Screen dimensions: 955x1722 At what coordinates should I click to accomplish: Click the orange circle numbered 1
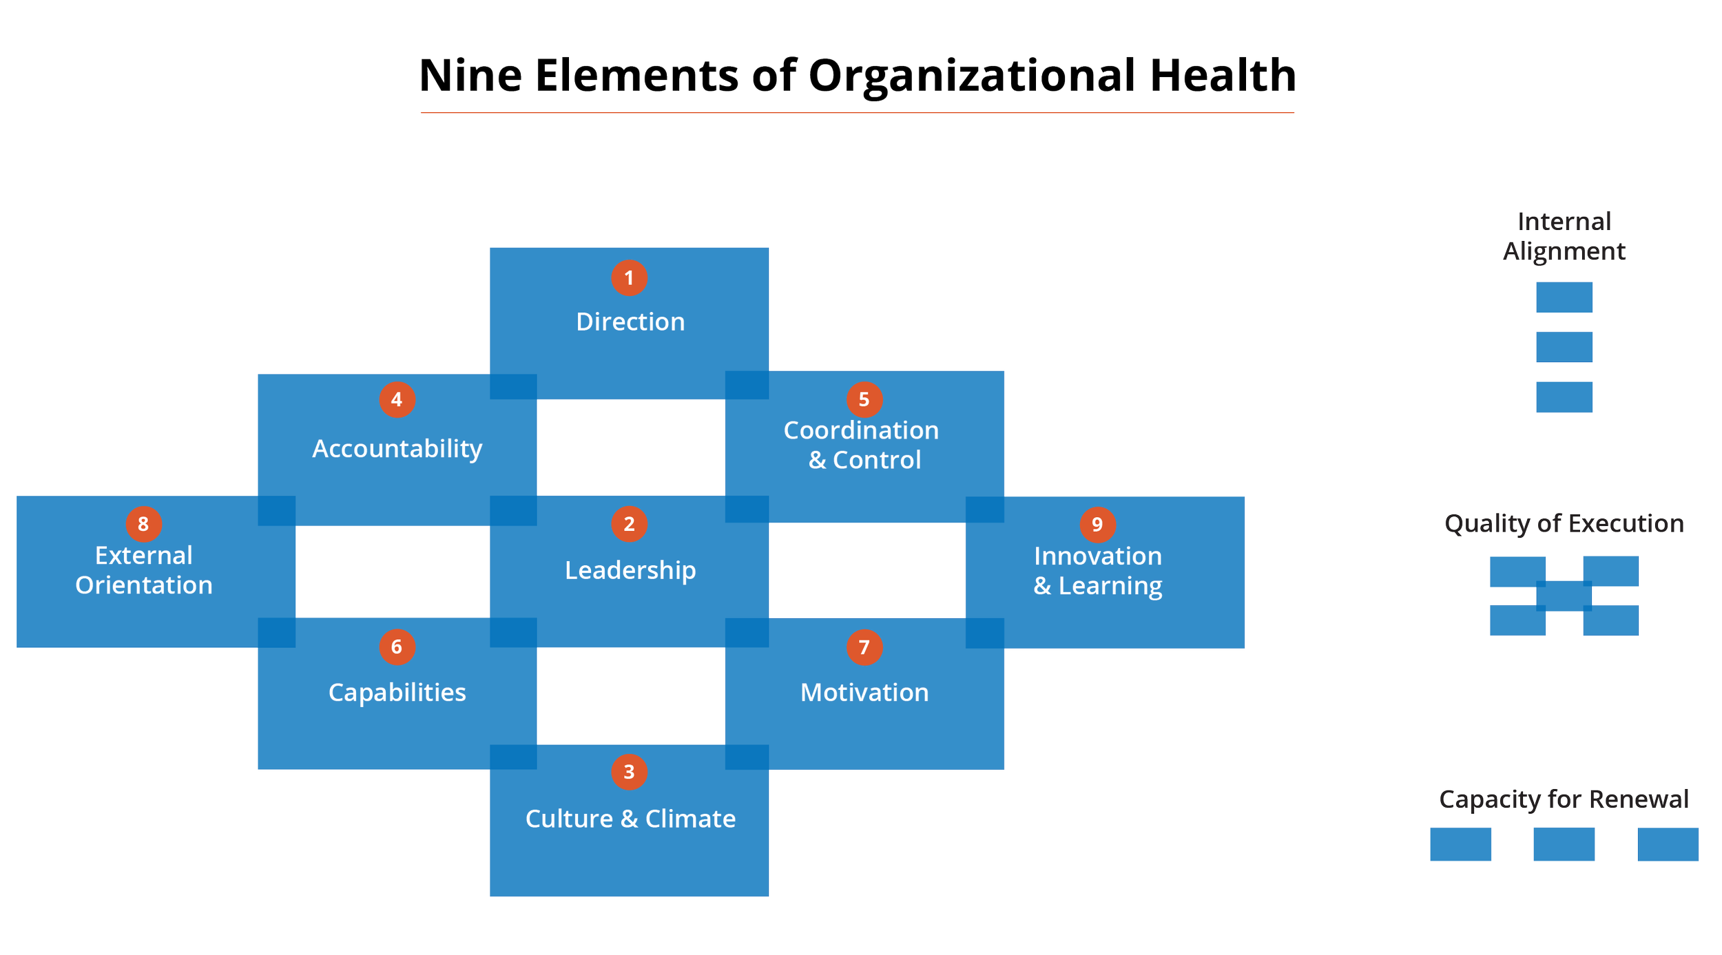click(629, 278)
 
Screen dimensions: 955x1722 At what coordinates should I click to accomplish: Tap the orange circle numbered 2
click(629, 524)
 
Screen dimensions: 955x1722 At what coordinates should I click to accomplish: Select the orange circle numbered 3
click(629, 772)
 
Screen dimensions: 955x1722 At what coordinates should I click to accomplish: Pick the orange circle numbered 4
click(397, 399)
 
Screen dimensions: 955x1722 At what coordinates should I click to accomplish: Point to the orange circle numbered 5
click(864, 399)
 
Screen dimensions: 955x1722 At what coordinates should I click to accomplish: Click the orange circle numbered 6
click(397, 647)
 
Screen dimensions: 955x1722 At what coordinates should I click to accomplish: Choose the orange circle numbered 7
click(864, 647)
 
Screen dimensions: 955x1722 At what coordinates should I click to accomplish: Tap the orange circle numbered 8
click(143, 524)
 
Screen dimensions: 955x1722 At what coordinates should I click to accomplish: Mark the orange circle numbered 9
click(1097, 525)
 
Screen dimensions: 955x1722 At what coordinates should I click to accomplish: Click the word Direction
click(630, 322)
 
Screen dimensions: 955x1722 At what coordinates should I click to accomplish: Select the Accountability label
click(397, 449)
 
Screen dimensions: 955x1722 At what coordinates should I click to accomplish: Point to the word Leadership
click(630, 570)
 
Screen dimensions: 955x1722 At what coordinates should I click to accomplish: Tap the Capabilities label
click(397, 693)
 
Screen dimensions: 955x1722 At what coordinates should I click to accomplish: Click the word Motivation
click(864, 693)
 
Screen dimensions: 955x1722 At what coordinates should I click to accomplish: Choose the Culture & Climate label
click(630, 819)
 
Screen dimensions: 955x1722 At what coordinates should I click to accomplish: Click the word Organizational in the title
click(971, 77)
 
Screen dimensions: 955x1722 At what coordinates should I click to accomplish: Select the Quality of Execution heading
click(1564, 524)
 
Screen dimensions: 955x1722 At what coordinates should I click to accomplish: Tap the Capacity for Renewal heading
click(1564, 799)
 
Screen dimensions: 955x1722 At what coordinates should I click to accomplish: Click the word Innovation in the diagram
click(1098, 556)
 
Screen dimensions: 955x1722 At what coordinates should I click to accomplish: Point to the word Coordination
click(861, 430)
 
